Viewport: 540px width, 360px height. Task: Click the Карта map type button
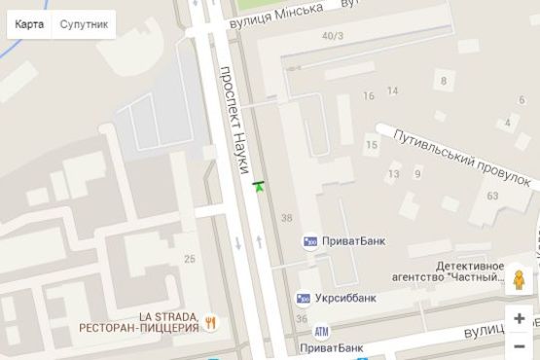point(29,24)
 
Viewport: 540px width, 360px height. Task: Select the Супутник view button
point(84,24)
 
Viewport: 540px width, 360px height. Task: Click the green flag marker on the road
point(258,185)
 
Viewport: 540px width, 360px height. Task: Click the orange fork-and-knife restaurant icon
point(210,322)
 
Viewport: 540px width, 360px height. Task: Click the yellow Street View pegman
point(520,280)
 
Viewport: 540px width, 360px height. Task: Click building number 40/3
point(333,37)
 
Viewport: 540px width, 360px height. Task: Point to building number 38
point(285,215)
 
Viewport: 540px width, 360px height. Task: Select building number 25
point(189,258)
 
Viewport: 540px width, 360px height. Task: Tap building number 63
point(492,197)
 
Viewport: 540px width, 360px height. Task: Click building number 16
point(368,95)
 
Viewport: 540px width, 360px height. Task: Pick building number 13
point(393,175)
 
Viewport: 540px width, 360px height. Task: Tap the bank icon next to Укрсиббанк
point(306,297)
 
